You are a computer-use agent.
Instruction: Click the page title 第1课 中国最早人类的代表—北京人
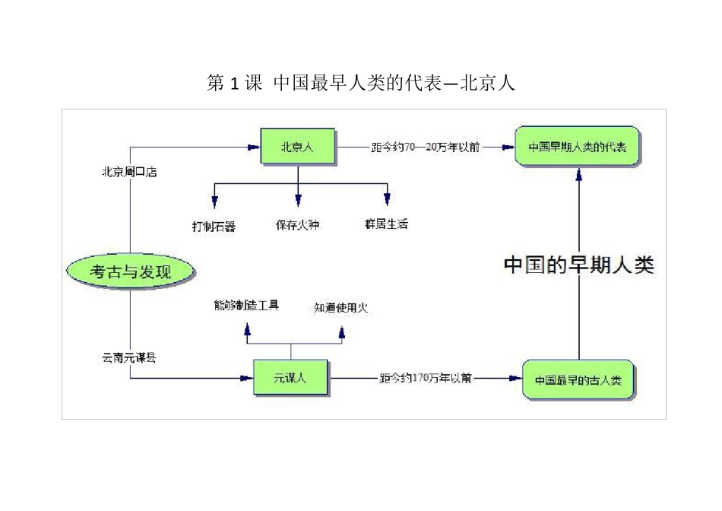pos(361,83)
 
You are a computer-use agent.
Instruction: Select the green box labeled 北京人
pos(297,146)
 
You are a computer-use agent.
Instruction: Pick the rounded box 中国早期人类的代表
pos(577,146)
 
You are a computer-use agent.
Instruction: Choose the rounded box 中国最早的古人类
pos(578,379)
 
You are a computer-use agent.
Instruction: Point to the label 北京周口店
pos(129,172)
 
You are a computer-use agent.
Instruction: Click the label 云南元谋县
pos(129,357)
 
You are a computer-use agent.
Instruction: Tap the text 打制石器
pos(214,226)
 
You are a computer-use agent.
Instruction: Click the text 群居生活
pos(386,224)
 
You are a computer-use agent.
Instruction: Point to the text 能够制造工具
pos(247,305)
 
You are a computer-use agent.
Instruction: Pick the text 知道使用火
pos(341,308)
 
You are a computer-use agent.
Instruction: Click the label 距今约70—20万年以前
pos(424,147)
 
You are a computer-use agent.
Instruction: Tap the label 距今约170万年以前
pos(426,378)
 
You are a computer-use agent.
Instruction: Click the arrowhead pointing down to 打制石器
pos(214,201)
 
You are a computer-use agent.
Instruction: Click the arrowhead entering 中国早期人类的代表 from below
pos(579,175)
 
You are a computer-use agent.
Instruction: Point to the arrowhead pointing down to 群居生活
pos(387,200)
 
